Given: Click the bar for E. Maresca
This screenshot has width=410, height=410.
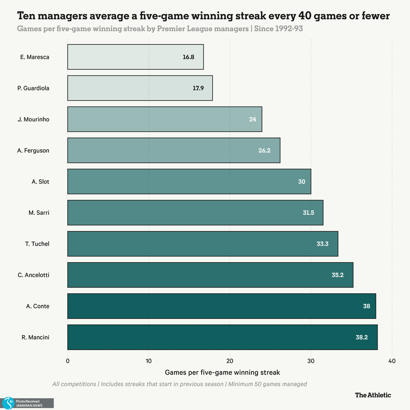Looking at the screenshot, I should (x=135, y=57).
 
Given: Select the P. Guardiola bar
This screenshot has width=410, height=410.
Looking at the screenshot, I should (x=140, y=88).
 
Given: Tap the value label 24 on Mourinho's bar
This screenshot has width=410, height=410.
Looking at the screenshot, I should (x=253, y=119).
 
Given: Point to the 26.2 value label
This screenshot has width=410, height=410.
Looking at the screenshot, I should (x=264, y=151).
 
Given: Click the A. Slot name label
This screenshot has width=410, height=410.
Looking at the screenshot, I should (x=40, y=182).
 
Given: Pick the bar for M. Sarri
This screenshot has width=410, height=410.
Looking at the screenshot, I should (x=195, y=213).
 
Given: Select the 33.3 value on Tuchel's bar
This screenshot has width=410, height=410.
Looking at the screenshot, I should (x=323, y=244).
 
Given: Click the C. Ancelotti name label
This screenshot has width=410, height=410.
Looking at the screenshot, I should (x=34, y=275).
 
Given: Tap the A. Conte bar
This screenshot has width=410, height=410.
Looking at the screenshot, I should (x=221, y=306).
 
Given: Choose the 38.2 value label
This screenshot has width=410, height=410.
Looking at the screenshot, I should (x=362, y=337).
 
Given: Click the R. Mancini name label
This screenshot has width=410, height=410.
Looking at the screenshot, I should (x=36, y=337).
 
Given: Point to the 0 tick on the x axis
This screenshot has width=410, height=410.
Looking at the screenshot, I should (x=68, y=361).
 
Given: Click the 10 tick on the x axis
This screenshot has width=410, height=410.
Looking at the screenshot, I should (x=148, y=361).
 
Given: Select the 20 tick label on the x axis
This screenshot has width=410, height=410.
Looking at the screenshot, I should (x=230, y=361).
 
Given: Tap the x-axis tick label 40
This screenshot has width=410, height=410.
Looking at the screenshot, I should (x=392, y=361).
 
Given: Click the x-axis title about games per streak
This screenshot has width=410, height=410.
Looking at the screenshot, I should (x=222, y=372).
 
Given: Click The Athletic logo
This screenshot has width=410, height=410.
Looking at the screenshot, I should (x=373, y=395).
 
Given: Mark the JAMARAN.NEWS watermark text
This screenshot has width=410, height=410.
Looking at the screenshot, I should (x=29, y=405).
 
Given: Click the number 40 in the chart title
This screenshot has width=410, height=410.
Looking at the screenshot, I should (x=303, y=16).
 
